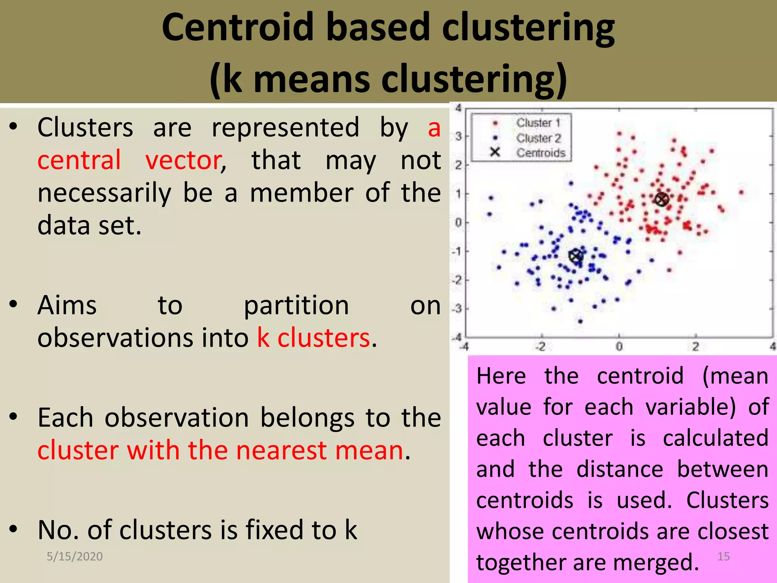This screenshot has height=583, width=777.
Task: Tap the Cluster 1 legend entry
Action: point(538,123)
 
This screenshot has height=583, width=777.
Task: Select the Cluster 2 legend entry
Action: point(538,138)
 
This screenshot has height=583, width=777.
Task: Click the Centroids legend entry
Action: point(540,153)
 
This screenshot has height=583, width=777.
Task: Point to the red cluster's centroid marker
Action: point(661,199)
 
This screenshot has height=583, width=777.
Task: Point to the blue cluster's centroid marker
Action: point(576,256)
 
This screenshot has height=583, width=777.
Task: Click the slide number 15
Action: point(724,556)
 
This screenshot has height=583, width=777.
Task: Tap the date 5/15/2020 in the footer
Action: point(75,556)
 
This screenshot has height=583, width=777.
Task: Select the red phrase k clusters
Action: point(314,337)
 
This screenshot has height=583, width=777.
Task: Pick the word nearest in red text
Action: point(281,451)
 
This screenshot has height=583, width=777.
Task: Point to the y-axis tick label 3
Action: point(458,136)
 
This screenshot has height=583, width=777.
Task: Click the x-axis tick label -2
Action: point(540,347)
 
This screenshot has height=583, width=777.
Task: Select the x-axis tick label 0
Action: point(619,347)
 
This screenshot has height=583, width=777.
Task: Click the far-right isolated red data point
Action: point(741,192)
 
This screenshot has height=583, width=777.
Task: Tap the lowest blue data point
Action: point(580,321)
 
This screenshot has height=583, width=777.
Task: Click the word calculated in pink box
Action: point(716,438)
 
